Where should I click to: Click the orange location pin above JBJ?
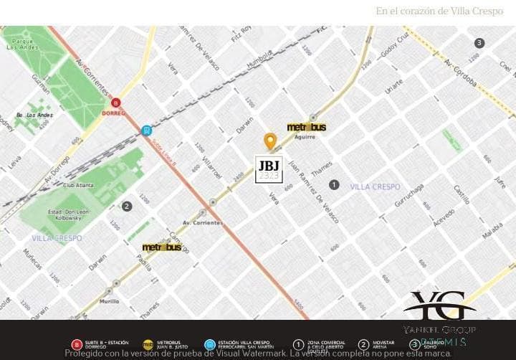[x=270, y=141]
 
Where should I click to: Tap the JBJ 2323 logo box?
[x=269, y=169]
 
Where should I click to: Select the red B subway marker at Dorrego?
[x=115, y=103]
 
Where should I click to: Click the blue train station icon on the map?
[x=146, y=131]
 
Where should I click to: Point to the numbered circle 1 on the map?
[x=333, y=185]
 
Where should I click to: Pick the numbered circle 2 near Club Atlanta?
[x=127, y=207]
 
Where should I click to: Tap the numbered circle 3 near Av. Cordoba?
[x=479, y=43]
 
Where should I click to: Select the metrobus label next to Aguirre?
[x=307, y=127]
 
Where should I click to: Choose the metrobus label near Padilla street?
[x=162, y=247]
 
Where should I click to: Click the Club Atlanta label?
[x=79, y=185]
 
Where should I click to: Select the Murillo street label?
[x=110, y=302]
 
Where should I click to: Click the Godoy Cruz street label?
[x=394, y=47]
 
